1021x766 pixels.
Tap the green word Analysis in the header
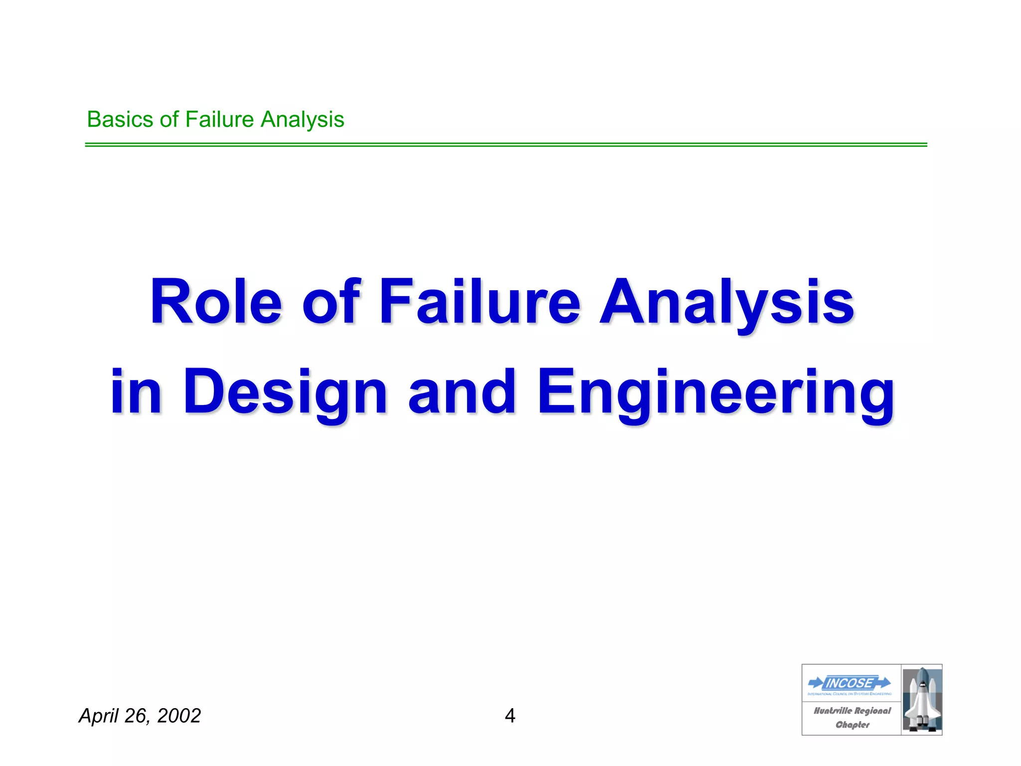(x=303, y=120)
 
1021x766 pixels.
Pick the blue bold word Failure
(x=480, y=302)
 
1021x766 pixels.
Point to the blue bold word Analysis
(x=726, y=302)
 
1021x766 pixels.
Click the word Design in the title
(x=285, y=391)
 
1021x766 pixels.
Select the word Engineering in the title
(x=716, y=391)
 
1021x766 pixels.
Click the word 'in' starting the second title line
(x=136, y=391)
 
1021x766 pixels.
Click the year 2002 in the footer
(x=178, y=716)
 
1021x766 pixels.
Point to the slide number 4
(x=510, y=716)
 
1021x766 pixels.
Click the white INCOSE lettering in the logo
(x=850, y=683)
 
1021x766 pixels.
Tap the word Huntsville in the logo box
(x=833, y=711)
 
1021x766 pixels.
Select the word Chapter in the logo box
(x=852, y=725)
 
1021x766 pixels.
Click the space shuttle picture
(x=921, y=700)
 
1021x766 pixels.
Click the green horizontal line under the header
(x=506, y=145)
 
